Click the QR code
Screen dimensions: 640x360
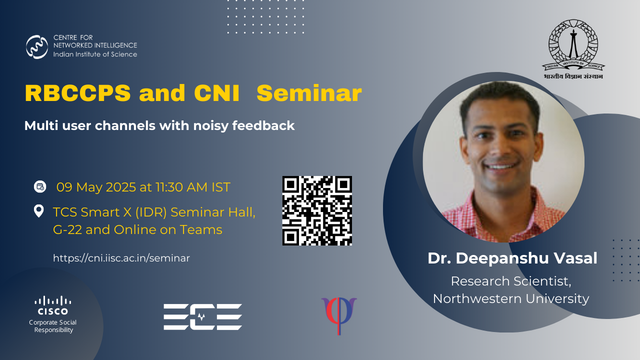[317, 210]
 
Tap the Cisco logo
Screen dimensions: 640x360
[53, 305]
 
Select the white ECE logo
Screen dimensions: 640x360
[203, 317]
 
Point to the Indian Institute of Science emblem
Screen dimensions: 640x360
[573, 49]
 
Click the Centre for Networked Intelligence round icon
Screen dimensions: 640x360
[37, 47]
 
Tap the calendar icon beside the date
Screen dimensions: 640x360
[40, 187]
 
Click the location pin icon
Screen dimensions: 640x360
[39, 211]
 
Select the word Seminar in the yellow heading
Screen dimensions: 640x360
[309, 93]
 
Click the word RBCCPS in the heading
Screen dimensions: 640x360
[77, 93]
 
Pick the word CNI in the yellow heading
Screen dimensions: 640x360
[216, 93]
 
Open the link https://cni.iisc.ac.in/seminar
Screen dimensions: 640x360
[121, 258]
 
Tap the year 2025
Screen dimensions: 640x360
[121, 187]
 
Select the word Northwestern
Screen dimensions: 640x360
[477, 298]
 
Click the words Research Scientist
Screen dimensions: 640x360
[511, 281]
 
